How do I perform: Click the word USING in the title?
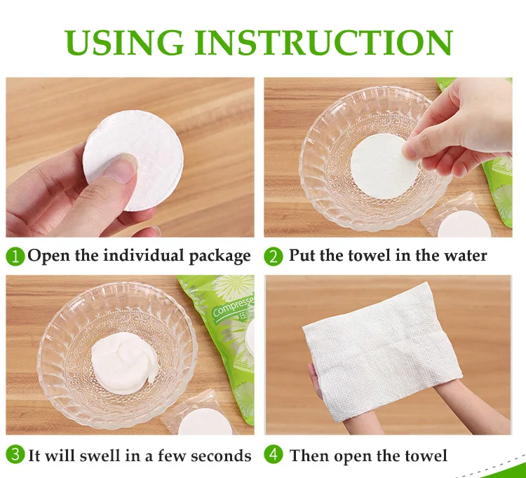(124, 43)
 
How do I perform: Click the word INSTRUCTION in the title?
(324, 43)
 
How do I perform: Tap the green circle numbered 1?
(15, 257)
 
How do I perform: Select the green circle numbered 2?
(274, 257)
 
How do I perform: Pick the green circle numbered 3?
(15, 455)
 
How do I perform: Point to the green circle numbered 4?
(274, 455)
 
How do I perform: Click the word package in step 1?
(220, 257)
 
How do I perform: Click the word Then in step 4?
(309, 456)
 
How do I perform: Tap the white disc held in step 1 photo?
(133, 161)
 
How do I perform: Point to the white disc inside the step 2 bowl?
(382, 167)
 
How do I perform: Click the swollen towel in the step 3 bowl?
(123, 362)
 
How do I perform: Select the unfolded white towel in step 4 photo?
(382, 352)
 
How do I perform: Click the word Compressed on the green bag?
(233, 306)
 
